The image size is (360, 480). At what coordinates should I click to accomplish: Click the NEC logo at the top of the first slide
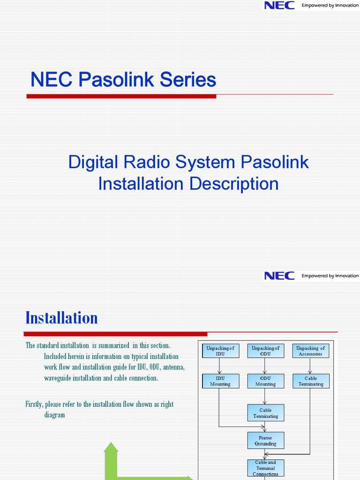coord(279,6)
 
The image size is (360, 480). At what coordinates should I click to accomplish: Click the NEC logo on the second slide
coord(279,276)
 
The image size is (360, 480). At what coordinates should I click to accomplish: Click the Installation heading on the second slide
coord(61,318)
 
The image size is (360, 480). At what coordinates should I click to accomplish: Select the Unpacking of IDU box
coord(220,351)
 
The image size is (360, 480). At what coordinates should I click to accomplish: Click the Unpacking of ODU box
coord(265,351)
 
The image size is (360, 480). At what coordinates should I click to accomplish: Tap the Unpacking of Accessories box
coord(310,351)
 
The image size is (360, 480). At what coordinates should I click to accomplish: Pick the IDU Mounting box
coord(220,381)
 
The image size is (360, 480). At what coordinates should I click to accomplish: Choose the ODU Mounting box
coord(265,381)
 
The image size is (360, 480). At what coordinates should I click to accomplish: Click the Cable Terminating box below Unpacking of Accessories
coord(310,381)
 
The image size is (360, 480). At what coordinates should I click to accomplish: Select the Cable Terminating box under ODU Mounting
coord(265,413)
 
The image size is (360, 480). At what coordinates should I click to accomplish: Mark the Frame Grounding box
coord(265,441)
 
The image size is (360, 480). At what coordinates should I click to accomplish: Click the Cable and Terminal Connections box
coord(265,468)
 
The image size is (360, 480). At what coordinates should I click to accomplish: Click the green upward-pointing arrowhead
coord(111,449)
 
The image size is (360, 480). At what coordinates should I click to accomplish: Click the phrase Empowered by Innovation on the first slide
coord(330,6)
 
